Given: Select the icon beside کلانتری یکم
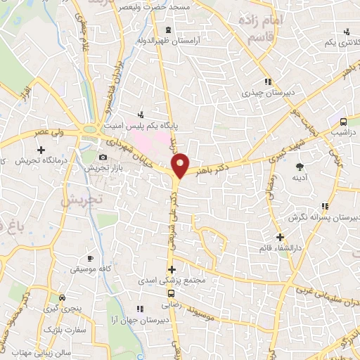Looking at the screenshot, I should click(346, 32).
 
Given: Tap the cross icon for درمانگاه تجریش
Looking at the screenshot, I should click(41, 150).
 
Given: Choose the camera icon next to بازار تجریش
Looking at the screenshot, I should click(103, 157).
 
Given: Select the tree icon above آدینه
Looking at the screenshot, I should click(300, 167).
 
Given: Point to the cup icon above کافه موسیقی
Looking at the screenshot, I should click(89, 258).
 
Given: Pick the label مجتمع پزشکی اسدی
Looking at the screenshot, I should click(172, 280).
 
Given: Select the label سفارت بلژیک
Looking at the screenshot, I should click(65, 328).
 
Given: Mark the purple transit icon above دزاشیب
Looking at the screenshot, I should click(342, 121).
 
